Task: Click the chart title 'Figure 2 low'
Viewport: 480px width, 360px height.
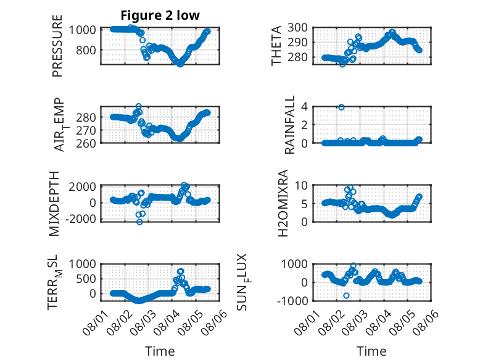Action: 160,15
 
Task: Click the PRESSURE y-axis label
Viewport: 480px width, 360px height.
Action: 57,46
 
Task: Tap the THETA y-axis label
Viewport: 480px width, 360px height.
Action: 276,46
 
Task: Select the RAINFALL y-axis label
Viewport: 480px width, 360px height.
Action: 289,125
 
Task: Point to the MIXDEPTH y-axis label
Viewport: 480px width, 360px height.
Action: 54,204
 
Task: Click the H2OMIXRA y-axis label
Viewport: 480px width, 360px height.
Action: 283,203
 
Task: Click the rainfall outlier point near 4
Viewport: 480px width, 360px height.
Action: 341,107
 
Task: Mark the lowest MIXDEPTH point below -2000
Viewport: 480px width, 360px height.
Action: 139,222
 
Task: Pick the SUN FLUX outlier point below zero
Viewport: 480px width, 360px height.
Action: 346,295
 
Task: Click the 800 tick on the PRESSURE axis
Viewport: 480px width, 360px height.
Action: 86,50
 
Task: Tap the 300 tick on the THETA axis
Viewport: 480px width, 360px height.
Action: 297,28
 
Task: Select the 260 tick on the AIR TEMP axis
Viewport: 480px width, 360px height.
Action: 86,143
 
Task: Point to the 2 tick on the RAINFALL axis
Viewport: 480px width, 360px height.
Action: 304,125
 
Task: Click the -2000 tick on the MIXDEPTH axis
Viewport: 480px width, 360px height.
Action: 80,219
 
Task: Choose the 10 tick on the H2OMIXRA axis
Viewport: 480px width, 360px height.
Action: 301,185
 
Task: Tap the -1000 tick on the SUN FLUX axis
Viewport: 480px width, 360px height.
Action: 292,301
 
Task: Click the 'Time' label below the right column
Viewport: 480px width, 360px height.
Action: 371,351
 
